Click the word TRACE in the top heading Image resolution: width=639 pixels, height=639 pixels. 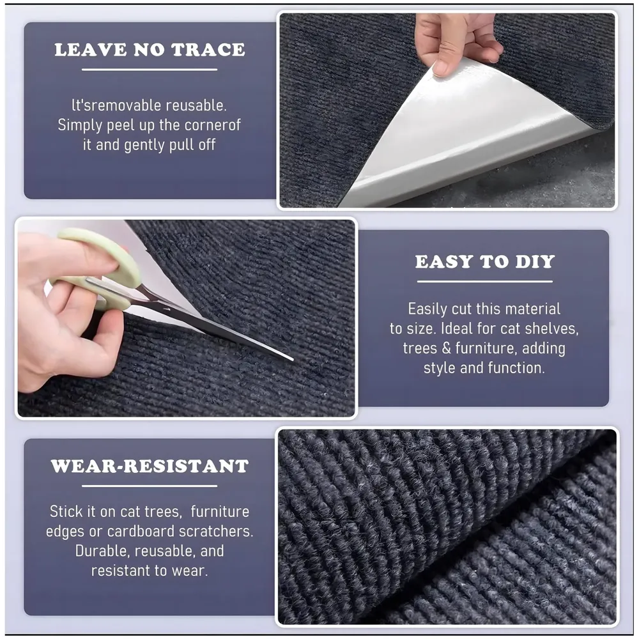point(208,50)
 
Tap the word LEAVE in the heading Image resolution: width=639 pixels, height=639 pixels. point(91,50)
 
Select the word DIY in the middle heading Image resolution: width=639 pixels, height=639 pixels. point(535,261)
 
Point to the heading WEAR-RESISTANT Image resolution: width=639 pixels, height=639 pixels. point(150,466)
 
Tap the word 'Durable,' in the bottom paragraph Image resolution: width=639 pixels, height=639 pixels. point(102,551)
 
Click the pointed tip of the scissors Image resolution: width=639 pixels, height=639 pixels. point(292,359)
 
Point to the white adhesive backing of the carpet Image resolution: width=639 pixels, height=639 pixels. point(461,147)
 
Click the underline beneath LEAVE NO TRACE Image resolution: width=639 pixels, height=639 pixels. point(150,70)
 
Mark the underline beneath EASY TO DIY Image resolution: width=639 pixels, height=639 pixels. point(484,281)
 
